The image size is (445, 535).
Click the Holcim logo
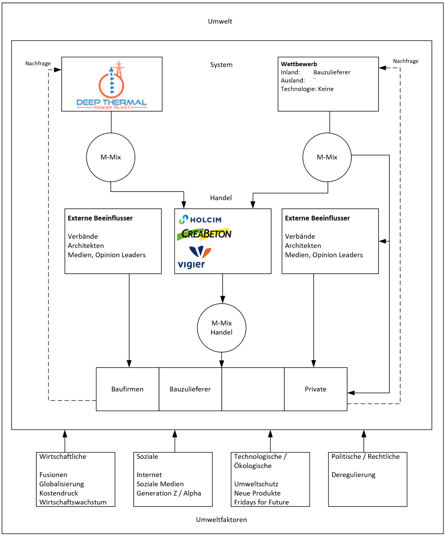point(200,219)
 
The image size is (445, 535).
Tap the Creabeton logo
point(204,234)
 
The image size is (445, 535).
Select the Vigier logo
point(195,257)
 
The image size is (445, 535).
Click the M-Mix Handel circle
point(222,328)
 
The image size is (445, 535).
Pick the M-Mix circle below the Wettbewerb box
point(327,157)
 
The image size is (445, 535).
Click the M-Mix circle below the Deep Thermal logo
point(111,157)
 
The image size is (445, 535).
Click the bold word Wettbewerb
point(299,64)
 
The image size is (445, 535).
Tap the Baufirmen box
point(128,389)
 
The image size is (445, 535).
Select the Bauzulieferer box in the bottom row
point(190,389)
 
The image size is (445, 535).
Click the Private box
point(316,389)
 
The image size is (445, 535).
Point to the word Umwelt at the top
point(220,21)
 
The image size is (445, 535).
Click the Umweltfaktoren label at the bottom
point(221,520)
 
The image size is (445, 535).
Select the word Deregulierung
point(353,475)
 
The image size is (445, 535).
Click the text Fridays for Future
point(261,502)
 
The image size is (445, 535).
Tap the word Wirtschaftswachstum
point(73,502)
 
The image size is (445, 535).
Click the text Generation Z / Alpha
point(169,493)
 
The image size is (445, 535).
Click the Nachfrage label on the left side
point(38,63)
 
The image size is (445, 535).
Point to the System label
point(221,65)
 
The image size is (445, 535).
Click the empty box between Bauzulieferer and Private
point(253,389)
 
